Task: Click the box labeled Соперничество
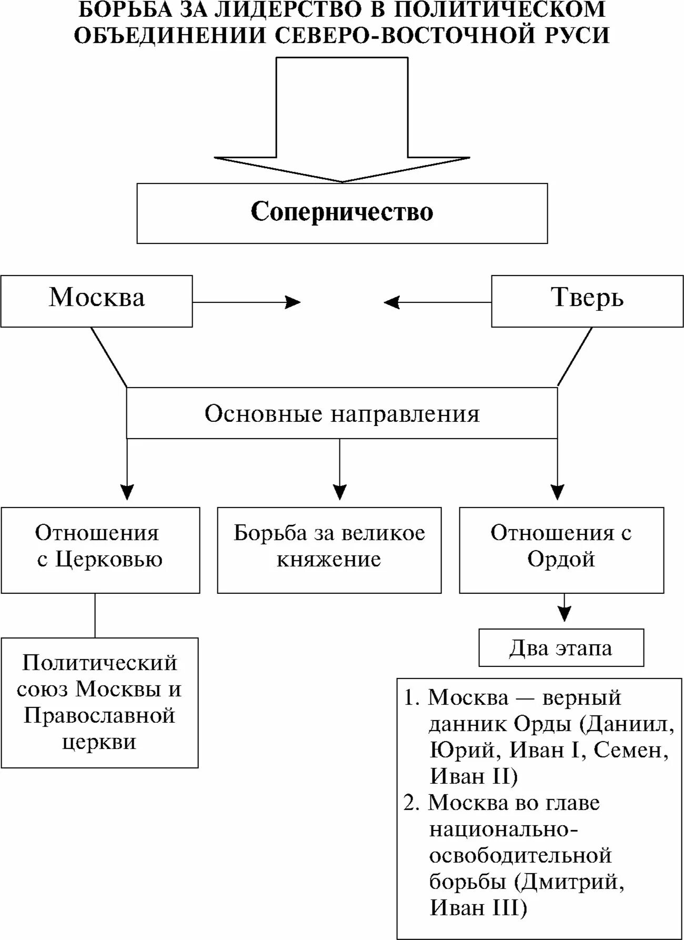point(342,213)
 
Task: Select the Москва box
point(96,301)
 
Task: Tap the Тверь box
point(587,301)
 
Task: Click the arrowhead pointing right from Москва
point(293,302)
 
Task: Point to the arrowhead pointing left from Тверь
point(392,302)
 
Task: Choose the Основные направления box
point(342,413)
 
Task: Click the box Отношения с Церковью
point(100,550)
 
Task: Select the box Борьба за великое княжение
point(329,550)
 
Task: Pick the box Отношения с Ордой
point(561,550)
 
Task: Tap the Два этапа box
point(561,648)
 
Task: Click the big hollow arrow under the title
point(342,121)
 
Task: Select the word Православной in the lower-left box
point(99,716)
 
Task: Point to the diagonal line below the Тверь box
point(575,357)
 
